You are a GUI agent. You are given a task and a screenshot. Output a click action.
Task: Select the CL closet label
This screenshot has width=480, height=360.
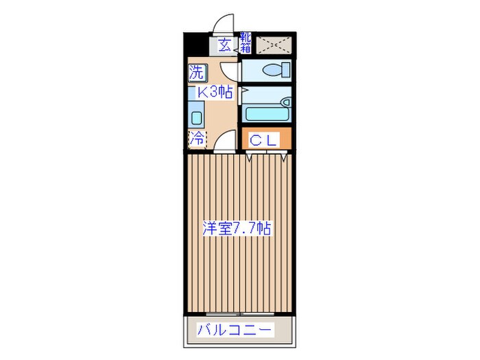pyautogui.click(x=263, y=140)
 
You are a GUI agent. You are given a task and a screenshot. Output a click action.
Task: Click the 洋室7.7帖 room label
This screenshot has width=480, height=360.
pyautogui.click(x=237, y=228)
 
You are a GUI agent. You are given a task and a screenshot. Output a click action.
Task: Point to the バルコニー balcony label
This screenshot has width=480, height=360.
pyautogui.click(x=235, y=329)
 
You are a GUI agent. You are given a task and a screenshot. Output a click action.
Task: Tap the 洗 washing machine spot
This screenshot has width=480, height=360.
pyautogui.click(x=196, y=71)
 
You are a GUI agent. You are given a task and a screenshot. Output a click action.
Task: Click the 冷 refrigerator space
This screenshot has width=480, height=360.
pyautogui.click(x=197, y=138)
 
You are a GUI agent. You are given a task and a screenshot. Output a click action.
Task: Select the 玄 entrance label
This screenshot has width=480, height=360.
pyautogui.click(x=224, y=46)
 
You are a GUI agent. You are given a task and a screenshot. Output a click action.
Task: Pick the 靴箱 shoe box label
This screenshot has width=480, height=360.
pyautogui.click(x=245, y=43)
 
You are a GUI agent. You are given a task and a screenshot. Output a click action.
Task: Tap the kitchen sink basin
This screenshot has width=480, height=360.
pyautogui.click(x=195, y=117)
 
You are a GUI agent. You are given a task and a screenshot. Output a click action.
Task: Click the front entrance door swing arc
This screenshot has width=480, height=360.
pyautogui.click(x=224, y=25)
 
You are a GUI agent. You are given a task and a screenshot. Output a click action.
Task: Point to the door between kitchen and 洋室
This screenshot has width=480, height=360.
pyautogui.click(x=224, y=143)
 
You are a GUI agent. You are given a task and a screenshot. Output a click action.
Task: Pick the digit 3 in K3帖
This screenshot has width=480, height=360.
pyautogui.click(x=211, y=93)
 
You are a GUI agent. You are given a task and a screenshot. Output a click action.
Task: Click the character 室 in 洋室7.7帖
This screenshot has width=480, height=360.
pyautogui.click(x=226, y=228)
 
